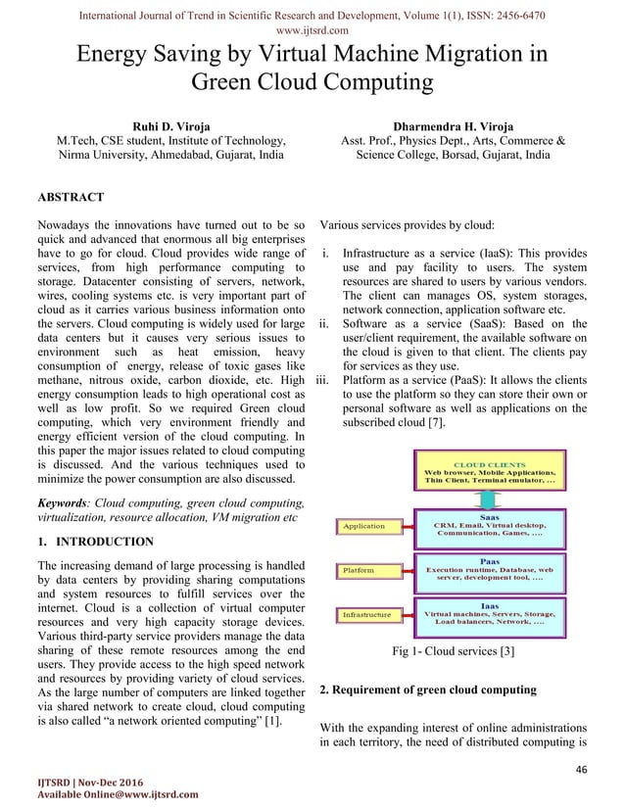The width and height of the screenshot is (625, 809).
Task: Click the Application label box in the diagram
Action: [x=363, y=527]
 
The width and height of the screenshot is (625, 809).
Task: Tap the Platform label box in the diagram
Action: [x=358, y=569]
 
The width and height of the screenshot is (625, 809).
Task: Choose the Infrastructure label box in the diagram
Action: [x=366, y=614]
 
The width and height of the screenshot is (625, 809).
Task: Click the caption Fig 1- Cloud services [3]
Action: [x=459, y=651]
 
